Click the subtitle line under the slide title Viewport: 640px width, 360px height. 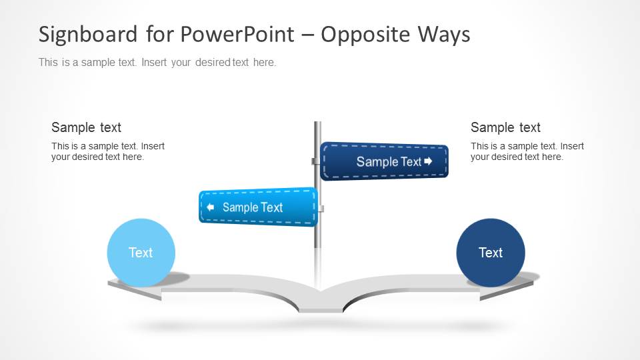[157, 63]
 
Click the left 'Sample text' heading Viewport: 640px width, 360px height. [86, 127]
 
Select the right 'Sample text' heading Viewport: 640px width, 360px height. [505, 127]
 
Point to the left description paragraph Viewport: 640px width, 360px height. [107, 151]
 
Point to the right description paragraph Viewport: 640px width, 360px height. [527, 151]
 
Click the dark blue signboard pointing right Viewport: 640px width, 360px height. [384, 161]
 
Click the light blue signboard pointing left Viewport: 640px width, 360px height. [258, 207]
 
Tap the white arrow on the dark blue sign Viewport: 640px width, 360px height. [428, 161]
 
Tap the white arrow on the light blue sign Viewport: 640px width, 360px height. [210, 207]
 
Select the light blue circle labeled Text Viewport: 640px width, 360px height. [141, 253]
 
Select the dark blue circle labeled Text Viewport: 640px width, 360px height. [491, 253]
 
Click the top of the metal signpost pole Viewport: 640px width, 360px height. [318, 125]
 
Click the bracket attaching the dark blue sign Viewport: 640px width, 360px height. [315, 161]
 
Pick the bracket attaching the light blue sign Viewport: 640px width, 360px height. [321, 209]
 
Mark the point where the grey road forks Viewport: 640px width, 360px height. [320, 291]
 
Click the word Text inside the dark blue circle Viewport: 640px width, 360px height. [491, 253]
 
